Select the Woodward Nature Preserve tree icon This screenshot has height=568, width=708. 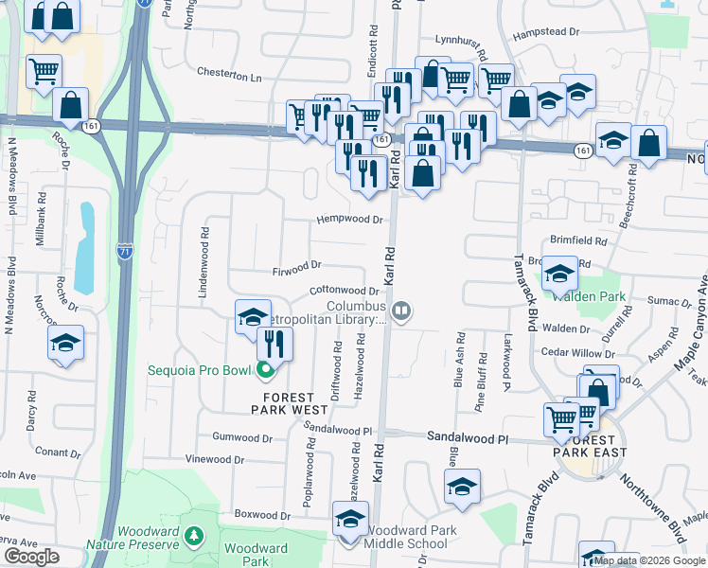coord(194,537)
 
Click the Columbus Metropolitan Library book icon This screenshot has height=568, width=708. coord(401,311)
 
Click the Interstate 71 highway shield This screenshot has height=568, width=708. coord(125,251)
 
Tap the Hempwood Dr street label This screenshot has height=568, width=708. coord(349,220)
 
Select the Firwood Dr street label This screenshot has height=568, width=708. coord(298,267)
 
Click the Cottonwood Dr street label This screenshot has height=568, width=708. coord(344,291)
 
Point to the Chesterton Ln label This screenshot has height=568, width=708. coord(228,73)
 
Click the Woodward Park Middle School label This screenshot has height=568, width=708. coord(407,537)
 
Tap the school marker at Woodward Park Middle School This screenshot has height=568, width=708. coord(349,520)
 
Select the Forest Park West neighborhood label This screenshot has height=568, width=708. coord(290,403)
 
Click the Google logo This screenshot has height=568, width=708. coord(32,557)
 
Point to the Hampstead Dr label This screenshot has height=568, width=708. coord(545,32)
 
